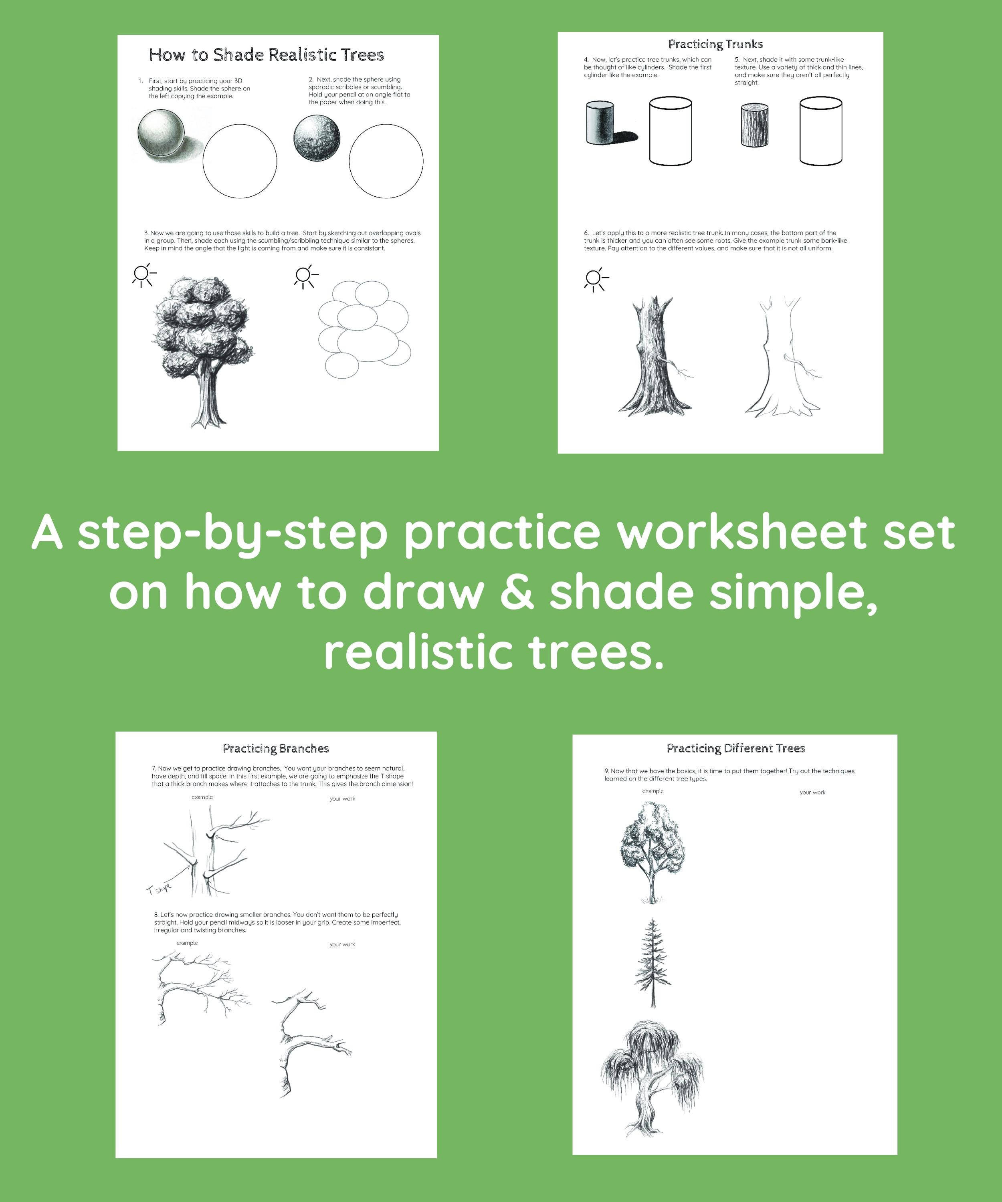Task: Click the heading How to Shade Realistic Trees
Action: coord(266,55)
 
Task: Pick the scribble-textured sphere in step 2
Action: coord(317,138)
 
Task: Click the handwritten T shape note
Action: coord(159,889)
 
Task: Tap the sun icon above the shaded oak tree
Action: coord(143,275)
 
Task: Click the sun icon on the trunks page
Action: coord(595,279)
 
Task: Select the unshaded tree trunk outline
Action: coord(782,358)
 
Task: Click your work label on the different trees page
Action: coord(812,792)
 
